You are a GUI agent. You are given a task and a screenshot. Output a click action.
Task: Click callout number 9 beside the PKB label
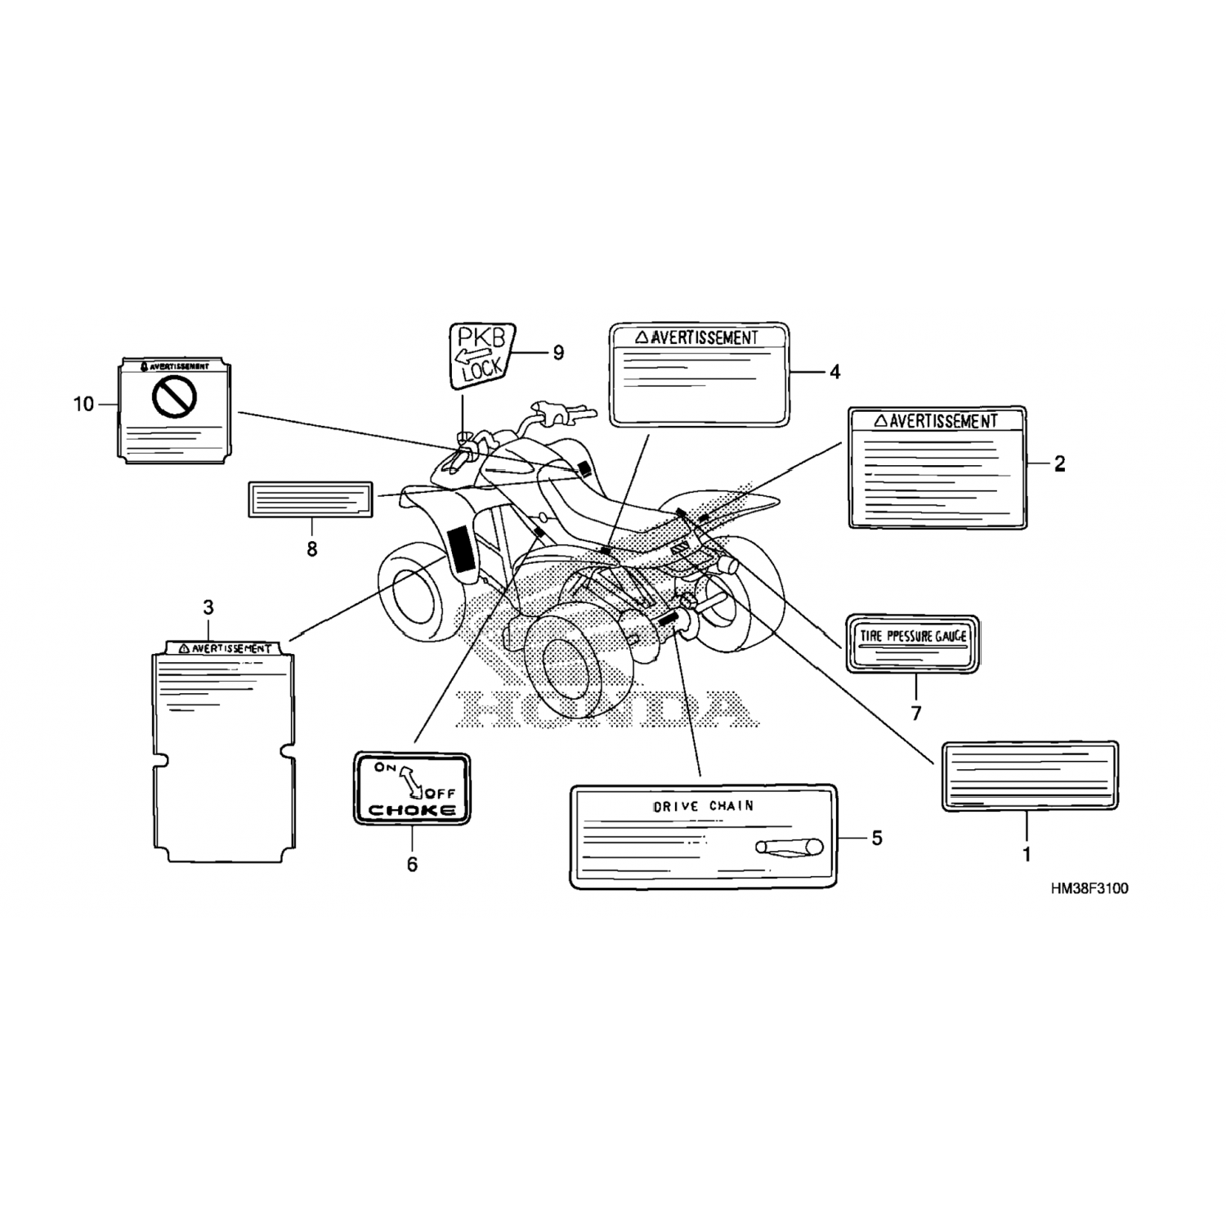[558, 353]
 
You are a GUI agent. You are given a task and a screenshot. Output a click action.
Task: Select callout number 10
[84, 404]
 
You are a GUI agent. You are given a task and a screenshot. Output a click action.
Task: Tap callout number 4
[834, 373]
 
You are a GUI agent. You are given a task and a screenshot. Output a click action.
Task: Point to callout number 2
[1059, 464]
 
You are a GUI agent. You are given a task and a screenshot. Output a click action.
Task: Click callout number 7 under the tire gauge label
[916, 714]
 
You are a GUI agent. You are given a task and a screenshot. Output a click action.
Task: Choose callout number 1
[1027, 855]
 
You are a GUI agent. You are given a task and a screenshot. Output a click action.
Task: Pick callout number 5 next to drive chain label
[877, 838]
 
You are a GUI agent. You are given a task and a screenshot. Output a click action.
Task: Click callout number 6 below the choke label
[412, 864]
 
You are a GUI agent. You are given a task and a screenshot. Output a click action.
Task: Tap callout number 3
[208, 607]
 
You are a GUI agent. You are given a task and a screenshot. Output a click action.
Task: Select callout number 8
[311, 549]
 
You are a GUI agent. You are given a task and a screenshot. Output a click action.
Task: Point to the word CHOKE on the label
[413, 810]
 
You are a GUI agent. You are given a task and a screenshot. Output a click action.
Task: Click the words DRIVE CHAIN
[703, 806]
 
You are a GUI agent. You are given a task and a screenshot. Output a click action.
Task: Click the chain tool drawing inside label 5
[788, 848]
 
